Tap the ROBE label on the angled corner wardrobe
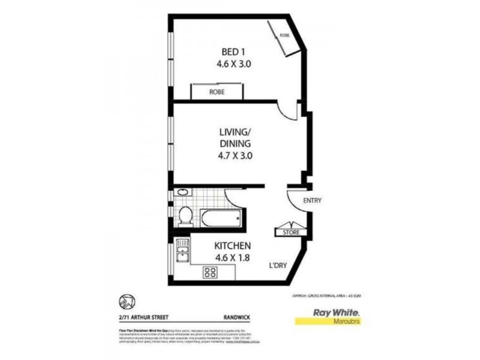(284, 35)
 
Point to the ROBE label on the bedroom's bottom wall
(217, 92)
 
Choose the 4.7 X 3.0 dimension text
(231, 155)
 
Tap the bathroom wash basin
(182, 194)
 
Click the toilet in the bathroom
(185, 215)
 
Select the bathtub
(222, 217)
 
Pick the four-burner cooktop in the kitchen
(211, 272)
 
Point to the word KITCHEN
(233, 246)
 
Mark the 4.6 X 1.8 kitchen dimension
(233, 259)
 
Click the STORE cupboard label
(291, 232)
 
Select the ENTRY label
(313, 200)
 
